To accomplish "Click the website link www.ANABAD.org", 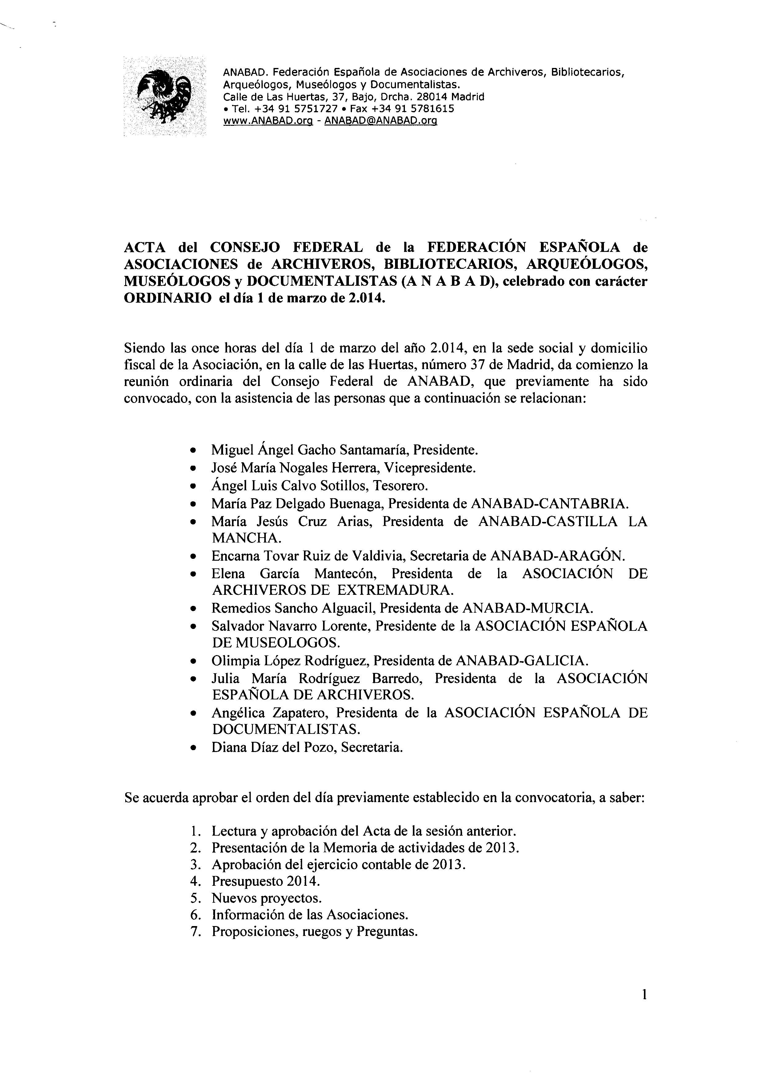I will click(268, 121).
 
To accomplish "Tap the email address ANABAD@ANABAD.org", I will click(381, 121).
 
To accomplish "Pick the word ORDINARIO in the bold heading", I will click(167, 299).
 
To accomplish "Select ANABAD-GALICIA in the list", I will click(521, 661).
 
